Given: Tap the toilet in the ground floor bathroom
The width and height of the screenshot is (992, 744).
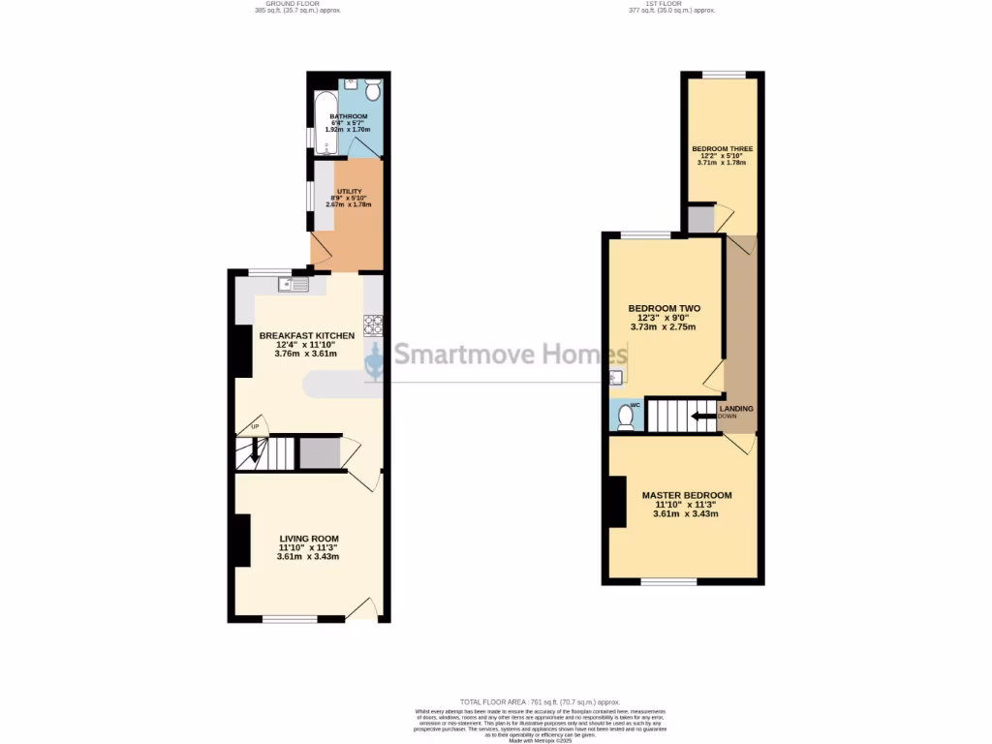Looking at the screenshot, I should click(x=372, y=90).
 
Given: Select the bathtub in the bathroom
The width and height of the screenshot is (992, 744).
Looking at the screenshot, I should click(x=324, y=125).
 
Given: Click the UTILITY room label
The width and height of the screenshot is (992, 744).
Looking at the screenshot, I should click(x=349, y=192).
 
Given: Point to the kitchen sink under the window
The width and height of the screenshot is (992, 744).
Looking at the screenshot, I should click(x=292, y=285).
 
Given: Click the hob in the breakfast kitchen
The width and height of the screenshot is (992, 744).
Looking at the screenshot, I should click(x=373, y=324).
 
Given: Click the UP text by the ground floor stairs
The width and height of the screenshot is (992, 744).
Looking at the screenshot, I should click(x=255, y=427).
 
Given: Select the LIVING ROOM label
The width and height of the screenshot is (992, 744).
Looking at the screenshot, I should click(x=309, y=539).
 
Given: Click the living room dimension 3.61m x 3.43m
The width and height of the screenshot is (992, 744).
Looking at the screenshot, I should click(x=308, y=557).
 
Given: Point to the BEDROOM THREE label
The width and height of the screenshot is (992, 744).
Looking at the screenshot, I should click(x=722, y=149).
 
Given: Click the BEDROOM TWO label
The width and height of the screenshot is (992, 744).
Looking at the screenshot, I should click(x=664, y=309).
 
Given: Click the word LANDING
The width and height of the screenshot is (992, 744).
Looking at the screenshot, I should click(x=737, y=409).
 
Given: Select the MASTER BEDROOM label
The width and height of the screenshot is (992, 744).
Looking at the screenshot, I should click(x=687, y=495).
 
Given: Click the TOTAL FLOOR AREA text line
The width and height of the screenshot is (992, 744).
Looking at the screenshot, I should click(x=539, y=702).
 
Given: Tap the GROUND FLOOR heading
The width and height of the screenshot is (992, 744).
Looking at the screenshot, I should click(x=298, y=4).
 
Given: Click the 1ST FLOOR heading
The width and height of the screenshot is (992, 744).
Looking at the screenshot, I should click(x=669, y=4).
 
